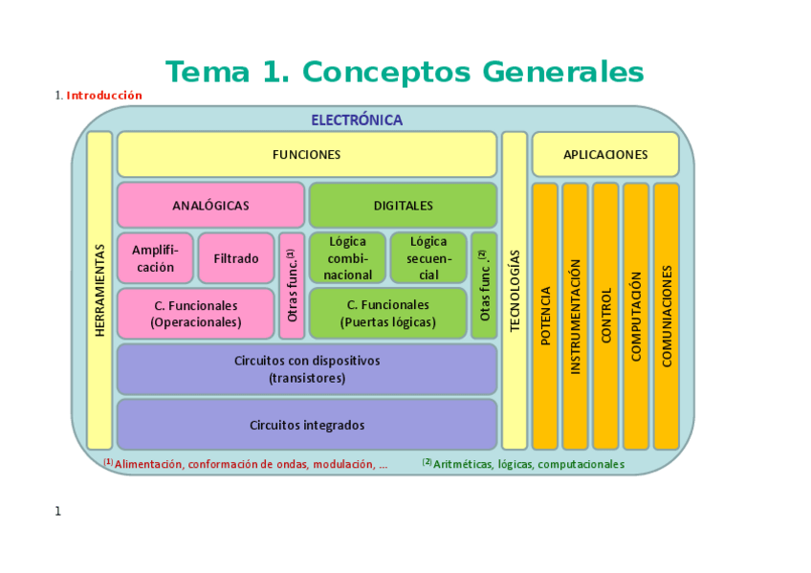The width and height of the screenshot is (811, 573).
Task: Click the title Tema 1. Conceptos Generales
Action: (405, 72)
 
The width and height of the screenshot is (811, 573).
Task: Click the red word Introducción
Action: (104, 96)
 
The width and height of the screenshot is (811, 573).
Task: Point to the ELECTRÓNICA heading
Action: (357, 121)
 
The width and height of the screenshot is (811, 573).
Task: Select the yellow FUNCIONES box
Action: (306, 154)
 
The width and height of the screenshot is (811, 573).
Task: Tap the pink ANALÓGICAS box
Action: (210, 205)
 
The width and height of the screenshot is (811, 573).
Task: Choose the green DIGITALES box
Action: (403, 205)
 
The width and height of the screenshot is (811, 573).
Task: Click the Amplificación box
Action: (155, 258)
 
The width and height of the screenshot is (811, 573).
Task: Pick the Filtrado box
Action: (236, 258)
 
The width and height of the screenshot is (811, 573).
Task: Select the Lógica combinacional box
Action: (348, 258)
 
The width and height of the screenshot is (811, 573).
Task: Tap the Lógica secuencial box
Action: (428, 258)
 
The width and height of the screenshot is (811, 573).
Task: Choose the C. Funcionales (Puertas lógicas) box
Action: (387, 313)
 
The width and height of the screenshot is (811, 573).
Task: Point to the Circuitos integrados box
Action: (307, 425)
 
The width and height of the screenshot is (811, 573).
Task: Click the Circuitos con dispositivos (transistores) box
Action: (307, 369)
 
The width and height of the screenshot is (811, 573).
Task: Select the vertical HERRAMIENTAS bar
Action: (99, 290)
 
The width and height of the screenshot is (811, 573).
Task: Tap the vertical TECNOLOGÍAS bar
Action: (515, 290)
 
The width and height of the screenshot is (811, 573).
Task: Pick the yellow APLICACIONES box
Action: (605, 154)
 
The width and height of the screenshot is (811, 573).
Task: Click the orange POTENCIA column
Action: (545, 316)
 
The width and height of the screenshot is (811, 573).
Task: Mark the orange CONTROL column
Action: (605, 316)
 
